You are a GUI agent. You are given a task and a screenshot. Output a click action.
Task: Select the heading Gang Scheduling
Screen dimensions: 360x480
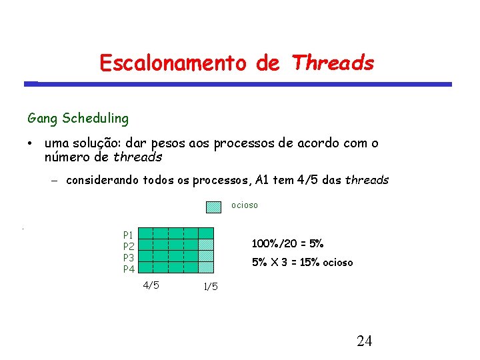point(78,119)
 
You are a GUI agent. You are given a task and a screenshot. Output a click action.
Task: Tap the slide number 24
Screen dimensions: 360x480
point(364,342)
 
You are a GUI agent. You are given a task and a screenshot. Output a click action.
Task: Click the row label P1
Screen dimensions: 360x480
point(128,235)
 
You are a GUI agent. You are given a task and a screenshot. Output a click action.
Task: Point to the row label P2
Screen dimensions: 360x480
point(129,246)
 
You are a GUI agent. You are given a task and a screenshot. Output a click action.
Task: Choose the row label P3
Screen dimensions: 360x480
point(129,257)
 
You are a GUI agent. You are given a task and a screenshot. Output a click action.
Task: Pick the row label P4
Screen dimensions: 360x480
point(129,269)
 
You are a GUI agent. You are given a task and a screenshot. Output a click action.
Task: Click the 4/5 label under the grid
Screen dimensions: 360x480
point(151,285)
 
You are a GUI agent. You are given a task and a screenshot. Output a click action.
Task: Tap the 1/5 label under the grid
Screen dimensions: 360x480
point(210,287)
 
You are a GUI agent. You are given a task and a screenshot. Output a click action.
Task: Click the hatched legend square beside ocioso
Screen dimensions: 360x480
point(213,207)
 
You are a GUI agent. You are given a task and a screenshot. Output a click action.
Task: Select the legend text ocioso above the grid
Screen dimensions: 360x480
point(245,205)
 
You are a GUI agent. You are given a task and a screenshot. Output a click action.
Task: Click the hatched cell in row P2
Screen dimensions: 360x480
point(206,245)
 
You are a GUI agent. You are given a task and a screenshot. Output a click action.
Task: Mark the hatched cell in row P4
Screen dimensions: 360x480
point(206,267)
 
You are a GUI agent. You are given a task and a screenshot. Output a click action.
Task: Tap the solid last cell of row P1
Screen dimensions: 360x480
point(206,233)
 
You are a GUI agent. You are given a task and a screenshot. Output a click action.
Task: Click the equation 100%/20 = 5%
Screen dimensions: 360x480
point(287,243)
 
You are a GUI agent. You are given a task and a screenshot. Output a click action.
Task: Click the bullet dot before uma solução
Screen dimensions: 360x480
point(31,144)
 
